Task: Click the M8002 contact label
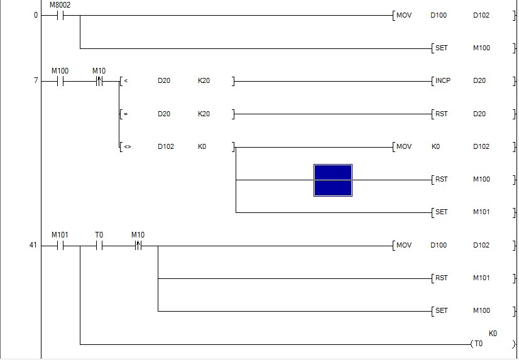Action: [x=60, y=5]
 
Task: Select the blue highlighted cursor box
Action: [x=333, y=180]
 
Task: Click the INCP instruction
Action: [x=443, y=81]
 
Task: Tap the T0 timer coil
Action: [x=479, y=344]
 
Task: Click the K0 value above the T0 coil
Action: [x=493, y=334]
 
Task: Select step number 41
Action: [x=33, y=246]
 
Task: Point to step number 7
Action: [x=36, y=81]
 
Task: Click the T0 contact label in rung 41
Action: [x=99, y=235]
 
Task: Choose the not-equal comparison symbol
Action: [x=127, y=147]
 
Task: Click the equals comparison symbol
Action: [x=126, y=114]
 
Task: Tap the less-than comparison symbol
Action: [x=126, y=81]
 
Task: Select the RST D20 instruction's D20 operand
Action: [x=481, y=114]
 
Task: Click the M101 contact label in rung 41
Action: [x=60, y=235]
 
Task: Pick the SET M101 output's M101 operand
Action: [x=481, y=212]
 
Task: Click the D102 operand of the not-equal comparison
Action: [x=166, y=147]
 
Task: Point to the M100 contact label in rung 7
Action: [x=60, y=70]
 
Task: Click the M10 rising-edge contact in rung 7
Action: [x=99, y=81]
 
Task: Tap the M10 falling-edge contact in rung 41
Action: [x=138, y=246]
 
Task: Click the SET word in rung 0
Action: [x=442, y=48]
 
